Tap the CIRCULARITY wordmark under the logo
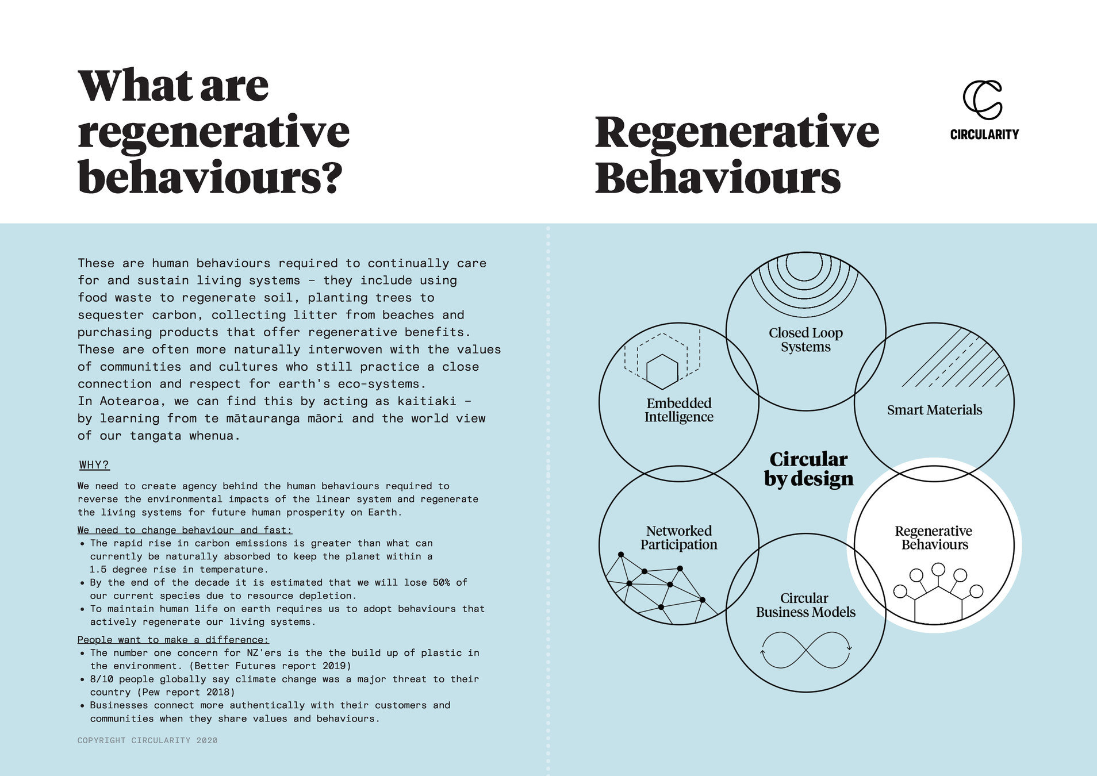click(984, 135)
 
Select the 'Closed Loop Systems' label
click(806, 340)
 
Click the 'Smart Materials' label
click(934, 410)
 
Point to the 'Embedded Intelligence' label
click(678, 410)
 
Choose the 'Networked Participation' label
click(678, 537)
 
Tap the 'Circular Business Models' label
click(806, 605)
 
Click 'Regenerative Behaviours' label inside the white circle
click(934, 537)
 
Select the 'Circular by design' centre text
click(808, 469)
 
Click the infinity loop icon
click(806, 650)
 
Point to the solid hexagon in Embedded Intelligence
click(662, 371)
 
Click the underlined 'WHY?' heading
click(94, 464)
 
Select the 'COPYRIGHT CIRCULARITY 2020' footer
click(148, 740)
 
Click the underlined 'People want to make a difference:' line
click(173, 640)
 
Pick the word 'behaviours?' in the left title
click(210, 177)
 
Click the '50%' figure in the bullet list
click(441, 582)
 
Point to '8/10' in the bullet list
click(101, 679)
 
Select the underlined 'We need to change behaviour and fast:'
click(185, 530)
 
